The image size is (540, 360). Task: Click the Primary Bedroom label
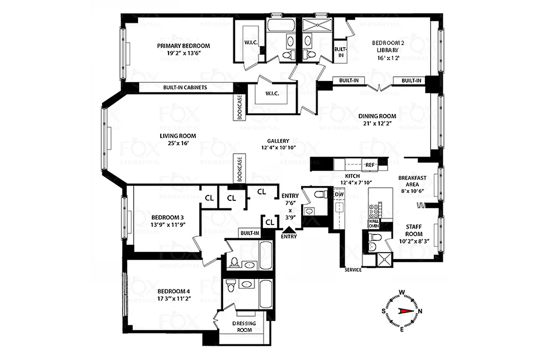pyautogui.click(x=183, y=45)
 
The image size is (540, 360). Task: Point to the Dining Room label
pyautogui.click(x=377, y=116)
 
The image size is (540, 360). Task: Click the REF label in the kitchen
pyautogui.click(x=370, y=165)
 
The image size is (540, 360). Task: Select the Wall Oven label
pyautogui.click(x=373, y=223)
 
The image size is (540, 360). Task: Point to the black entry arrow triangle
pyautogui.click(x=288, y=230)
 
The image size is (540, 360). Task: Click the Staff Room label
pyautogui.click(x=414, y=228)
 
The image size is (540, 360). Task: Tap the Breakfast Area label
pyautogui.click(x=412, y=178)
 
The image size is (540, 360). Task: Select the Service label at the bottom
pyautogui.click(x=353, y=270)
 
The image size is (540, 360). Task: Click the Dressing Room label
pyautogui.click(x=244, y=326)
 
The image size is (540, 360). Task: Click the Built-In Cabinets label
pyautogui.click(x=185, y=87)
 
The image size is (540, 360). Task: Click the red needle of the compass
pyautogui.click(x=406, y=311)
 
